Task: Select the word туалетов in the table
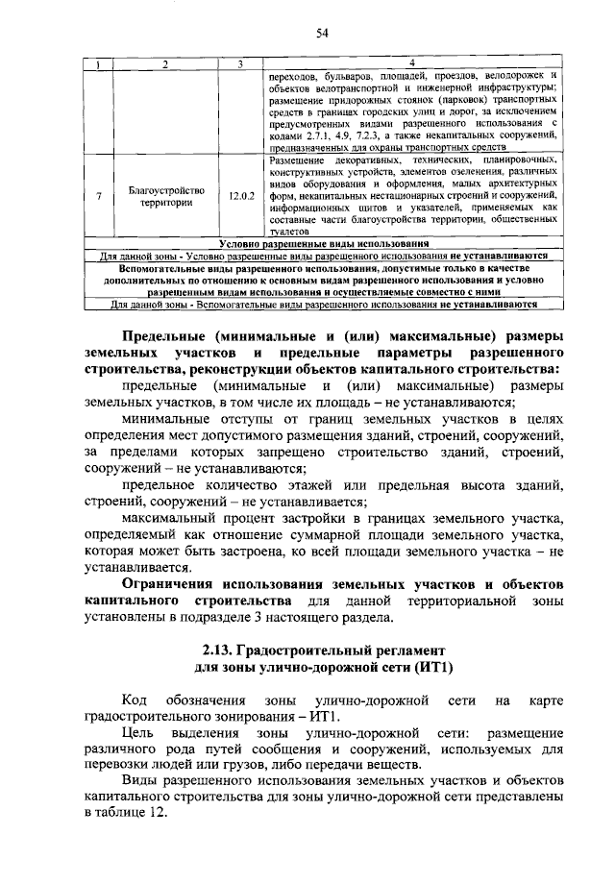(x=288, y=233)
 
